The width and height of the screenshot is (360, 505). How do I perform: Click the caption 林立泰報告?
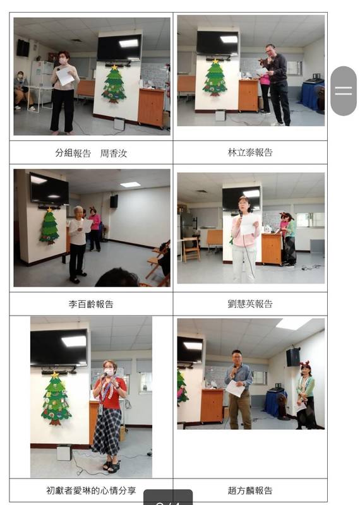(250, 152)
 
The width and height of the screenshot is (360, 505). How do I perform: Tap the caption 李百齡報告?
(91, 304)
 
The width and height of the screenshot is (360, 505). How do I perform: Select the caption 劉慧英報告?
(250, 304)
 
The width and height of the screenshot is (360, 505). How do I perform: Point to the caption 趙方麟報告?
(250, 490)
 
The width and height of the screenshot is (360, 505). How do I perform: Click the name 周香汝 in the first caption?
(114, 153)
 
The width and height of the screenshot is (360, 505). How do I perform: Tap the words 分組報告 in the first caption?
(73, 153)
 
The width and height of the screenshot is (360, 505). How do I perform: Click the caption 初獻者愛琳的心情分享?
(91, 490)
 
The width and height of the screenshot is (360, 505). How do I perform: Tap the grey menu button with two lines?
(344, 91)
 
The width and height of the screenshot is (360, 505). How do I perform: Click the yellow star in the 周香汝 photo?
(114, 68)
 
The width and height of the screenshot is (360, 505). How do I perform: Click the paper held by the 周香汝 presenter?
(64, 76)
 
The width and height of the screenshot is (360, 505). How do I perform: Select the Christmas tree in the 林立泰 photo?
(215, 78)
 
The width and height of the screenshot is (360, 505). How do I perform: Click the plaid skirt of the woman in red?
(107, 431)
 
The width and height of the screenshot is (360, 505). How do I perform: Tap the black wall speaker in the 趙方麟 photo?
(293, 357)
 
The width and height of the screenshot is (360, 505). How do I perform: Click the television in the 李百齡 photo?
(49, 189)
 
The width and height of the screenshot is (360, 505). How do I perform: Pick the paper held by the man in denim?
(236, 388)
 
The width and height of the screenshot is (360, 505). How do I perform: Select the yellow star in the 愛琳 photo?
(55, 375)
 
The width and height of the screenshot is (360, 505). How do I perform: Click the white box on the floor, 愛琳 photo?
(64, 452)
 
